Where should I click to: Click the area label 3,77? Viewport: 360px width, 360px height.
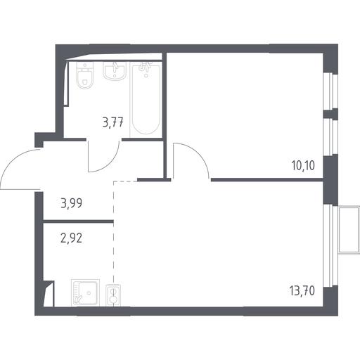(x=113, y=122)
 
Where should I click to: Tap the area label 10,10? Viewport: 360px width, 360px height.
(x=303, y=166)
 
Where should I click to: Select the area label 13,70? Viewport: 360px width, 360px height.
(x=302, y=291)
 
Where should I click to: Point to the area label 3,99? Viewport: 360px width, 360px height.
(x=72, y=203)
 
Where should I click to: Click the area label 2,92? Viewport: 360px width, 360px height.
(x=72, y=238)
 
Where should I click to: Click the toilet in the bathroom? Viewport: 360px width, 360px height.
(x=84, y=76)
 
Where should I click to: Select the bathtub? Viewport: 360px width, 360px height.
(x=146, y=100)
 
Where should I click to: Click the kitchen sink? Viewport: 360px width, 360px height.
(x=85, y=292)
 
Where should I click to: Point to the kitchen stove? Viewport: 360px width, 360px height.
(x=113, y=295)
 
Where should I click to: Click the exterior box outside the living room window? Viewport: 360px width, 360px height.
(x=349, y=230)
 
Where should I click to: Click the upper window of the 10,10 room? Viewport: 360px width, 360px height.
(x=330, y=91)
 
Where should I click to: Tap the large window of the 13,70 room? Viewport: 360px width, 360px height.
(x=330, y=245)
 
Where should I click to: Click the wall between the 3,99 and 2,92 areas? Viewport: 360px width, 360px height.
(x=78, y=221)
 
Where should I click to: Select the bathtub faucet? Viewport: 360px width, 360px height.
(x=145, y=67)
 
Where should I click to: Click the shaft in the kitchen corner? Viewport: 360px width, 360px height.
(x=49, y=293)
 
